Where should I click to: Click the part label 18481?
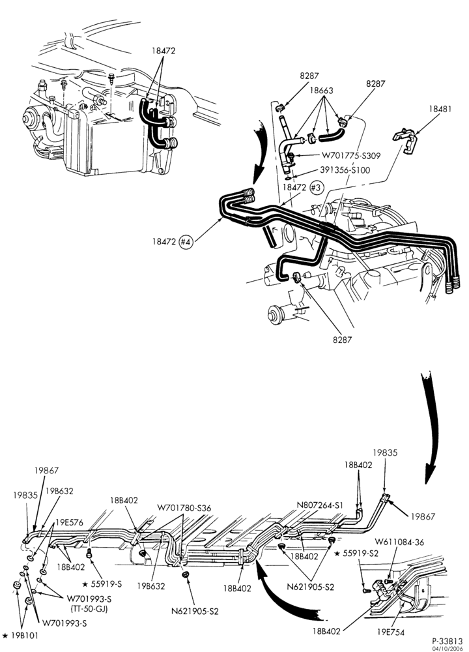(x=440, y=109)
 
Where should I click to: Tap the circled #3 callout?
(x=316, y=188)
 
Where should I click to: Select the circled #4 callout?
(x=186, y=242)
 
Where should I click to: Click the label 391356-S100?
(x=345, y=170)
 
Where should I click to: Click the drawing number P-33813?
(x=447, y=641)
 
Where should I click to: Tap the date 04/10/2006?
(x=448, y=648)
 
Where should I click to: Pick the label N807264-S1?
(x=320, y=505)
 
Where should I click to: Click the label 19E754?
(x=390, y=632)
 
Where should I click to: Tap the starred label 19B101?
(x=20, y=635)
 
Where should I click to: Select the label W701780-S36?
(x=184, y=508)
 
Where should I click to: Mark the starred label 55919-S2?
(x=356, y=554)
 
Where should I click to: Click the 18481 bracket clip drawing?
(x=405, y=141)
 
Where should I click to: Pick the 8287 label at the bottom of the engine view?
(x=342, y=339)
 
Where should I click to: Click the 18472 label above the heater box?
(x=163, y=51)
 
